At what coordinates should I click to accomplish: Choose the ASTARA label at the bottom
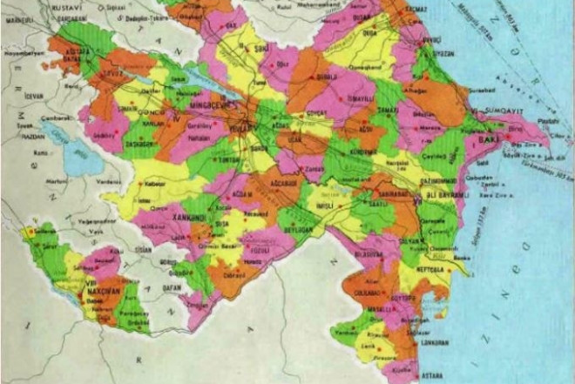tap(409, 375)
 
